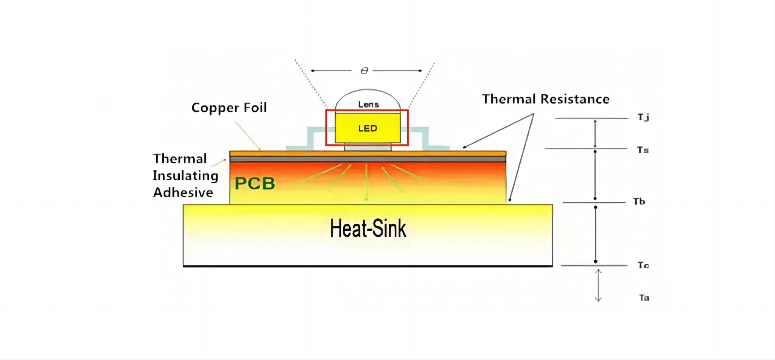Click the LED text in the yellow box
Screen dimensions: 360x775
point(367,128)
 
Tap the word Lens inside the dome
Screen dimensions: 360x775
point(368,104)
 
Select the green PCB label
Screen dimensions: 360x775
point(255,184)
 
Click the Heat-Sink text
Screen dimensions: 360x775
point(368,229)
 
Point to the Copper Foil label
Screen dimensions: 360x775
point(229,108)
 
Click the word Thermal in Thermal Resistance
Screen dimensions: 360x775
point(509,99)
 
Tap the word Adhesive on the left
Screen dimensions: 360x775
point(183,193)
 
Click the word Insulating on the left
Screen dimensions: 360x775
point(185,176)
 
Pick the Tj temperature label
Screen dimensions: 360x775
point(643,117)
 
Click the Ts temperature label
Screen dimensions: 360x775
point(643,150)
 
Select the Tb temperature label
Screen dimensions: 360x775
point(639,201)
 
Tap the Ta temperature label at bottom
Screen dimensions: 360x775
point(644,298)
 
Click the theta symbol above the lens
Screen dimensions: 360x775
point(364,71)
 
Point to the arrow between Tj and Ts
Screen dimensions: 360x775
point(595,134)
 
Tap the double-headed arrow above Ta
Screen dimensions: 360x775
point(598,285)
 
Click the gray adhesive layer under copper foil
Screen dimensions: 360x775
point(367,159)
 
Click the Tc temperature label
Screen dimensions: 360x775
point(643,265)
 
